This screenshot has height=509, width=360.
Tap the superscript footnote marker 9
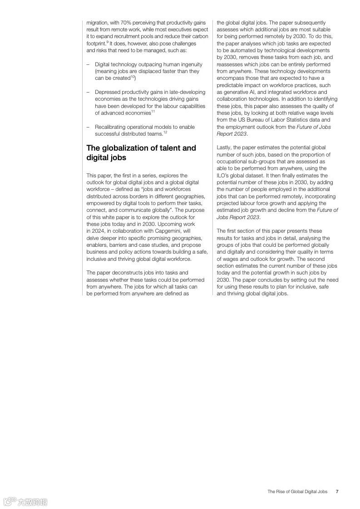pyautogui.click(x=107, y=42)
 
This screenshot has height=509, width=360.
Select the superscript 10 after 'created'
pyautogui.click(x=133, y=77)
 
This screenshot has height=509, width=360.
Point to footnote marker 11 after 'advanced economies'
pyautogui.click(x=153, y=112)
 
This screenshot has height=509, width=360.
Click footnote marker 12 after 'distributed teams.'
pyautogui.click(x=165, y=132)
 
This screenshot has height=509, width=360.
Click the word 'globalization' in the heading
pyautogui.click(x=125, y=148)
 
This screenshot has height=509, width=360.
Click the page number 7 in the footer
pyautogui.click(x=337, y=491)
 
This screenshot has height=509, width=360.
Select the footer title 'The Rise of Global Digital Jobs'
pyautogui.click(x=297, y=491)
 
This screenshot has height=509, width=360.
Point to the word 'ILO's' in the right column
pyautogui.click(x=225, y=176)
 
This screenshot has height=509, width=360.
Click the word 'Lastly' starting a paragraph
pyautogui.click(x=224, y=148)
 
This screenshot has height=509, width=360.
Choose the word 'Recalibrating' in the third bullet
pyautogui.click(x=111, y=127)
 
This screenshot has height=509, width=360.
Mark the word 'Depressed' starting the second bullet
pyautogui.click(x=108, y=92)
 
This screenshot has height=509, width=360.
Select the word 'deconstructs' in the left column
pyautogui.click(x=122, y=273)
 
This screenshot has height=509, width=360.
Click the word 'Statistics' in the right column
pyautogui.click(x=295, y=120)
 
